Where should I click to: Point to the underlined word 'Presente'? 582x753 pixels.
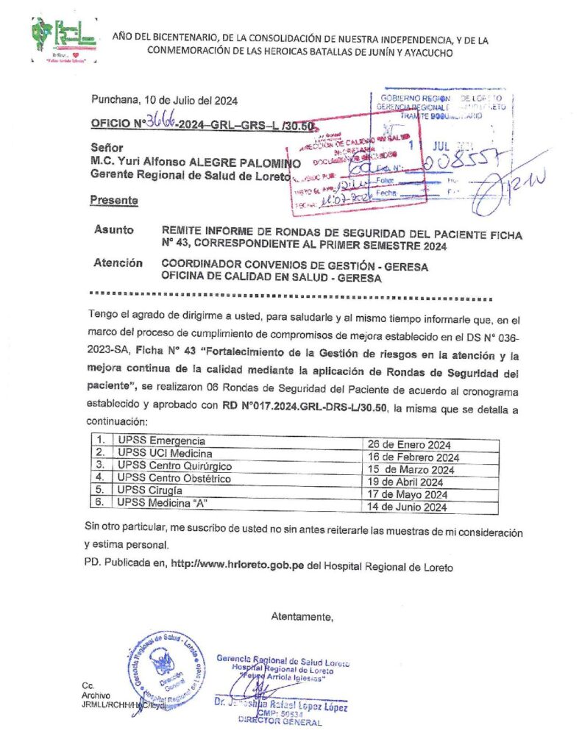tap(113, 200)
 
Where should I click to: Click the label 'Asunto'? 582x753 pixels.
tap(114, 230)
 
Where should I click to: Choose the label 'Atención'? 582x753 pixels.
tap(118, 263)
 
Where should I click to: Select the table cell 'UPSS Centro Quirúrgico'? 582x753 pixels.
tap(175, 467)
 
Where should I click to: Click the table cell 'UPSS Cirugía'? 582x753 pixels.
tap(146, 491)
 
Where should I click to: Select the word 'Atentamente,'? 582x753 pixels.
tap(302, 615)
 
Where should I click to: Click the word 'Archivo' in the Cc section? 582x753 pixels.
tap(96, 695)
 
